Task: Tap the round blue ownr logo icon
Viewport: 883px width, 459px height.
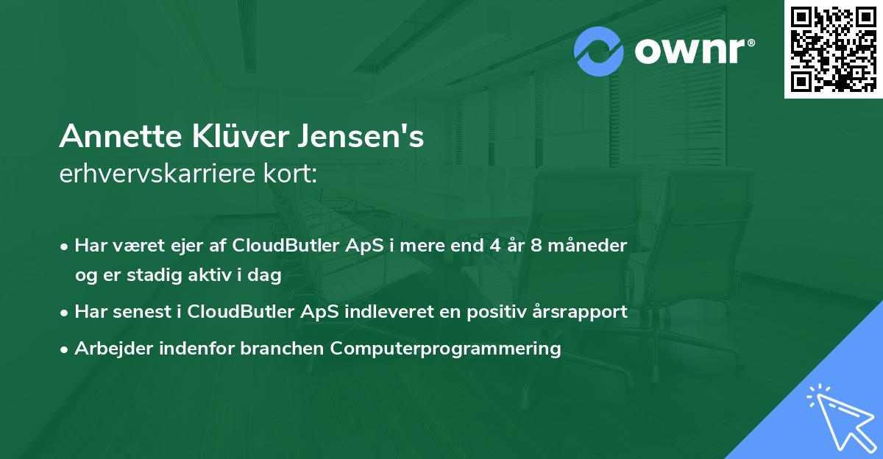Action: pos(599,51)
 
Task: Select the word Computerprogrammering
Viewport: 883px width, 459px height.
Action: pos(446,349)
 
